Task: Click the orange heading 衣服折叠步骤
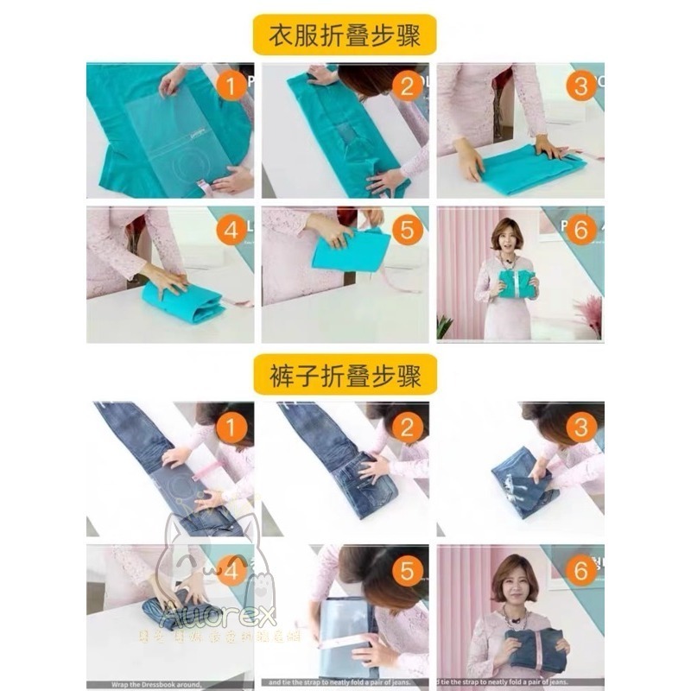(x=345, y=35)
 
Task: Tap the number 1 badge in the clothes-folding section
(x=231, y=86)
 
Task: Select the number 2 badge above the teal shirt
(x=407, y=86)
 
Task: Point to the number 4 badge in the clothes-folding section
(x=231, y=231)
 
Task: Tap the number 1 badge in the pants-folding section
(x=231, y=427)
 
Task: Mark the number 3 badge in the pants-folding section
(x=582, y=427)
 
